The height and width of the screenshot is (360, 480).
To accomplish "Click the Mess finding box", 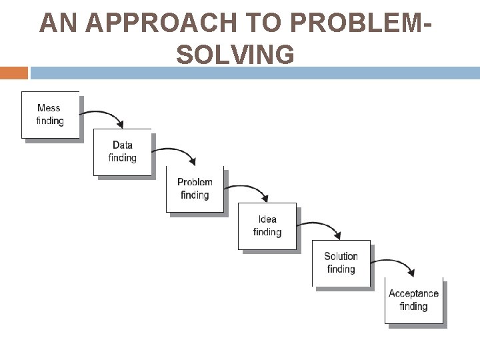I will pos(51,115).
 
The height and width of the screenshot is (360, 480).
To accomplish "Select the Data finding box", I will pos(123,152).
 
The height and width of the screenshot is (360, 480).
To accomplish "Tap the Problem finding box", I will pos(195,189).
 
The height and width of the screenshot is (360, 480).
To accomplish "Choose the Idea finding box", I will pos(267,226).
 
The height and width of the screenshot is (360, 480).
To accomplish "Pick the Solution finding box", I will pos(341,263).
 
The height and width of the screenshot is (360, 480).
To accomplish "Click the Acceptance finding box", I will pos(413,300).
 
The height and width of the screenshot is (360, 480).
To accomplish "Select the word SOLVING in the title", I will pos(235,54).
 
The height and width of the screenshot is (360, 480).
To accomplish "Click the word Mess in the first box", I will pos(49,108).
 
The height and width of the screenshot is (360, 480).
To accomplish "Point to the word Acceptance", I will pos(413,293).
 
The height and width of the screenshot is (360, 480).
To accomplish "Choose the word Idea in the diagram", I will pos(267,219).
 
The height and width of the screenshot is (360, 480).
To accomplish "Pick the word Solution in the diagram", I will pos(341,256).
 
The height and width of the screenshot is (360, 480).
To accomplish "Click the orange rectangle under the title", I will pos(14,73).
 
